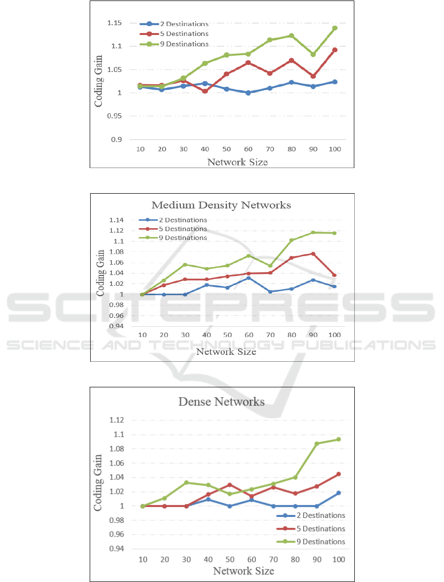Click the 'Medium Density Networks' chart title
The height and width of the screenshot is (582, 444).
221,205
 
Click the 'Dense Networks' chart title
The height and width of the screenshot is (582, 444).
221,402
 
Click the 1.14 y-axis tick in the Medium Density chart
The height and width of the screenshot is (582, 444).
117,220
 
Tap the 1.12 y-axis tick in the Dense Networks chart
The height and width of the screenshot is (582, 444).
117,420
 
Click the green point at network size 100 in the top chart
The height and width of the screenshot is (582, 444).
335,28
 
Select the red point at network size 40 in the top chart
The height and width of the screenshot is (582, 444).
205,91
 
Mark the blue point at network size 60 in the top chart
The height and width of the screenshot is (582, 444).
248,93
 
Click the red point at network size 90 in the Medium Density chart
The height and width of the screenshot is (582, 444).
313,254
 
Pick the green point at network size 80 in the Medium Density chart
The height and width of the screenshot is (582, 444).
291,240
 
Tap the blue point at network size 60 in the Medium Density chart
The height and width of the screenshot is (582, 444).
248,278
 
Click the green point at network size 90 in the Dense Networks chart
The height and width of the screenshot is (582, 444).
316,444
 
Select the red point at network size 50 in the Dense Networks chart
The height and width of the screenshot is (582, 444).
229,485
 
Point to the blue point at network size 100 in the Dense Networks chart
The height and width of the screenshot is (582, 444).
338,493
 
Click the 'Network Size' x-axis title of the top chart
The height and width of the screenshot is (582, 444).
237,162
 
